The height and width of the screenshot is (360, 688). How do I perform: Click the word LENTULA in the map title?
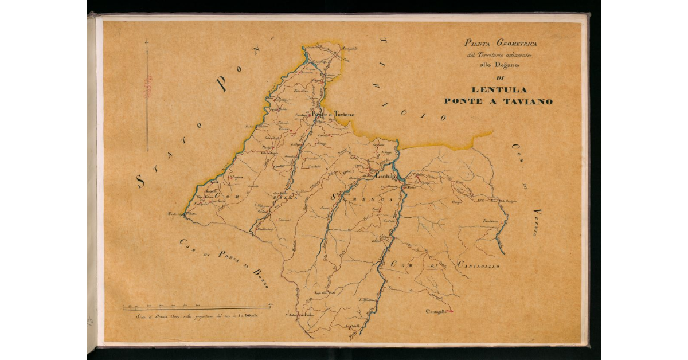(498, 89)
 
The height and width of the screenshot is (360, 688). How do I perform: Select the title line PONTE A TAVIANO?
(498, 101)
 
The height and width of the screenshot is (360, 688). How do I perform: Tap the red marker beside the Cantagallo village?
(451, 311)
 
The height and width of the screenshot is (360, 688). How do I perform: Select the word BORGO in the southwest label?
(260, 278)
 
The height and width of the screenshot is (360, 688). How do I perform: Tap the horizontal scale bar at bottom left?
(198, 310)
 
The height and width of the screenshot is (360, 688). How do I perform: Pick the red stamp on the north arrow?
(147, 86)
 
